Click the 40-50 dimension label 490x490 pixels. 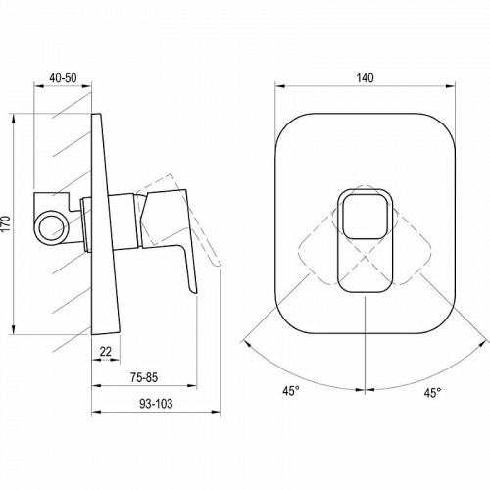point(63,78)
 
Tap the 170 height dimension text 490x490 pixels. point(7,224)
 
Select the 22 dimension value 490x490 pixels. point(106,352)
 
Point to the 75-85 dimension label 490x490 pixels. point(144,377)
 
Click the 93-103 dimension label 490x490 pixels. point(156,404)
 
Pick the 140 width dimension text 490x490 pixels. point(365,78)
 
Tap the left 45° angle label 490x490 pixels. point(291,391)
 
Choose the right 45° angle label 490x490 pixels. point(433,393)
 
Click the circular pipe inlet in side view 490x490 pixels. point(52,227)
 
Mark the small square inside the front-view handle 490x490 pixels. point(365,217)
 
